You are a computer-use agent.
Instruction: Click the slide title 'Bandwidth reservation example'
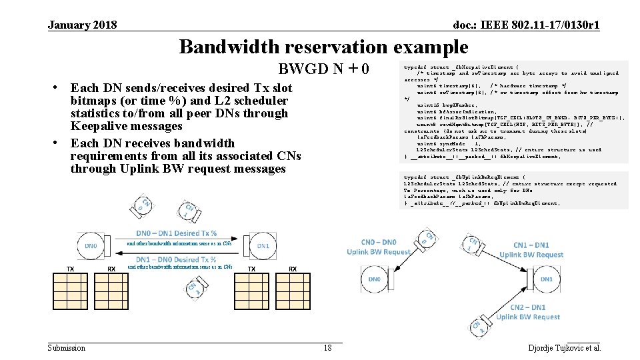click(x=323, y=47)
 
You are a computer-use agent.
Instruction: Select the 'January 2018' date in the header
click(x=83, y=25)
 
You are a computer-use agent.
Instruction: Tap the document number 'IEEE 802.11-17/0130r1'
click(x=526, y=25)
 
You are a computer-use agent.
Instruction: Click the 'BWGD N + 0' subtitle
click(x=323, y=70)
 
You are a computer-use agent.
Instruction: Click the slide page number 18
click(x=327, y=348)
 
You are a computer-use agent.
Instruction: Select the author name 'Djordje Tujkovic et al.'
click(x=564, y=348)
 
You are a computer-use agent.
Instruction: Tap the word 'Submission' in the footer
click(x=67, y=348)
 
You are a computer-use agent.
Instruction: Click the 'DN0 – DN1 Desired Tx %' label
click(x=176, y=233)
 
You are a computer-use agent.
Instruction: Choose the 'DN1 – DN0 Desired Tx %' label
click(x=176, y=259)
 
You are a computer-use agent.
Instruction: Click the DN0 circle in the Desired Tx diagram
click(x=91, y=246)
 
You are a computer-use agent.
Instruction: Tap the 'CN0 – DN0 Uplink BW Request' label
click(x=379, y=247)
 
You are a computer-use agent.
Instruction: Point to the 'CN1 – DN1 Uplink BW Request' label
click(x=531, y=250)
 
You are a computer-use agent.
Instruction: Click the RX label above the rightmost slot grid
click(x=293, y=269)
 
